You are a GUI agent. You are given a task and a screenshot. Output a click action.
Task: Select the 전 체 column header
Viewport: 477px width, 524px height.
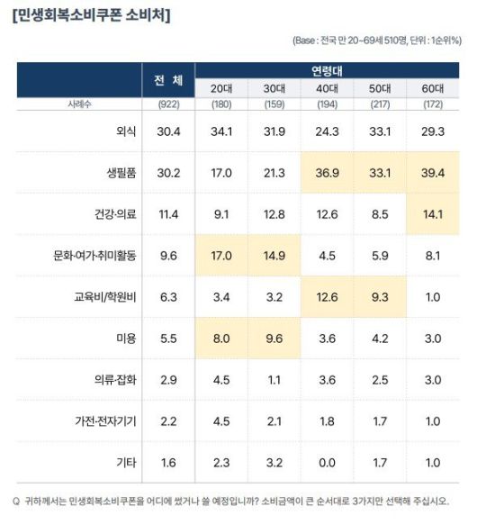pyautogui.click(x=167, y=80)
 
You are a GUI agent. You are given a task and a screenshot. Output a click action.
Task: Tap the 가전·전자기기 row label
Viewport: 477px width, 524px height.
pyautogui.click(x=103, y=421)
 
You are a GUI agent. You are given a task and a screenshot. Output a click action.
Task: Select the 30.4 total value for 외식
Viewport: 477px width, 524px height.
pyautogui.click(x=167, y=131)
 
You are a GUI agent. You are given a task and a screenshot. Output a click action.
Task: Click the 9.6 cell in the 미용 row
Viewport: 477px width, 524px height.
pyautogui.click(x=274, y=339)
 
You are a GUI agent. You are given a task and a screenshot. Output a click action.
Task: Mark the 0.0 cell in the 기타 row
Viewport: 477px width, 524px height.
pyautogui.click(x=328, y=463)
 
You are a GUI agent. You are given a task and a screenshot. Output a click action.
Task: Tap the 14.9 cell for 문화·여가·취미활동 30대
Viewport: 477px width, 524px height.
pyautogui.click(x=274, y=256)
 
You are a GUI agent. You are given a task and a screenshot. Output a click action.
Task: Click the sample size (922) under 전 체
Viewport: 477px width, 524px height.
pyautogui.click(x=167, y=105)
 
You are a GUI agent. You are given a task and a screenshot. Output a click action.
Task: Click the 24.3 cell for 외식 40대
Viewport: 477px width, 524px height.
pyautogui.click(x=328, y=131)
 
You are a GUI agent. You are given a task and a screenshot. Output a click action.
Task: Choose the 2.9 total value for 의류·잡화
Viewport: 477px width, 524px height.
pyautogui.click(x=167, y=380)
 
